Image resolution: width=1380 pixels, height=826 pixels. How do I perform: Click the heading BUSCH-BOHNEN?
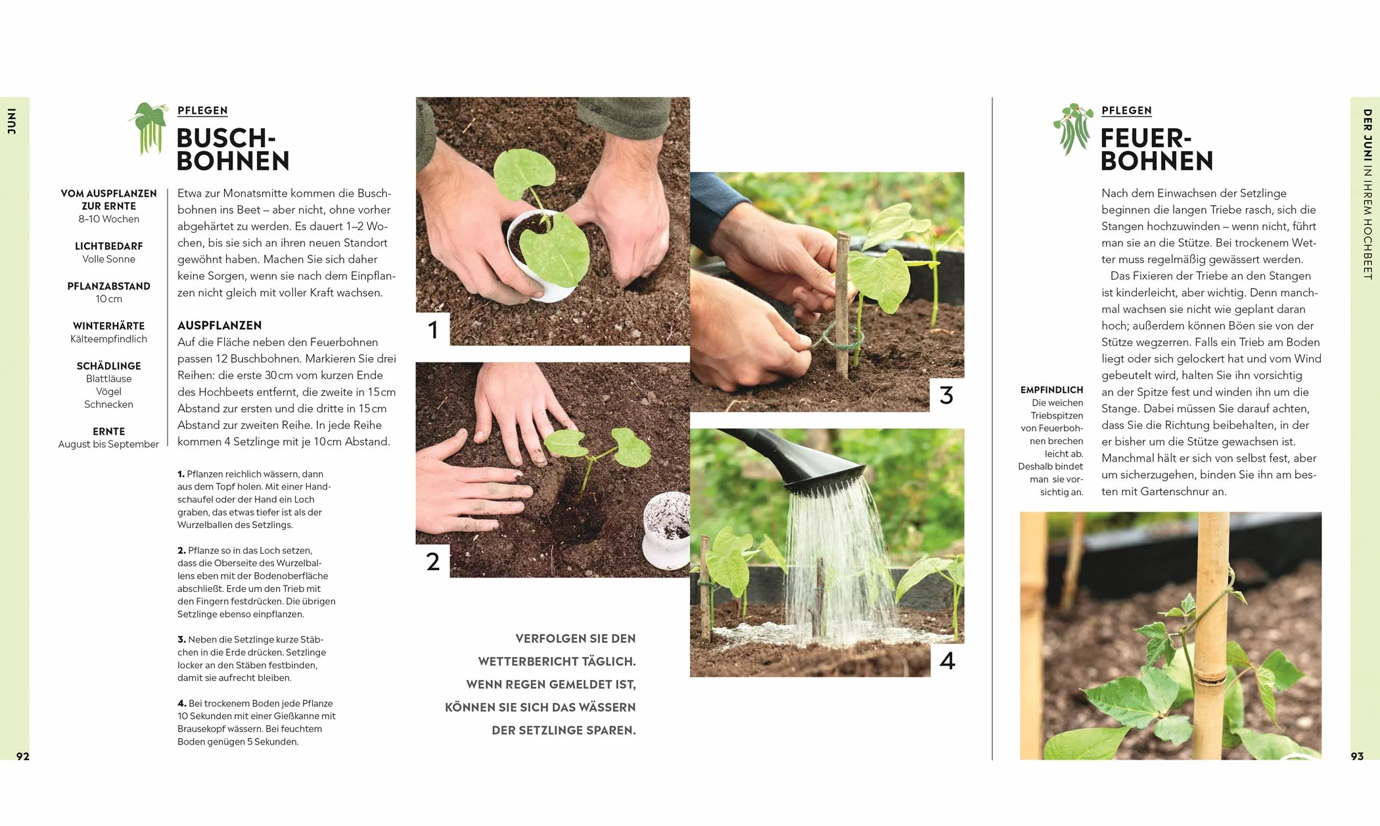coord(233,149)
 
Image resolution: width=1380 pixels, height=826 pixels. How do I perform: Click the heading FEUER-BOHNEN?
coord(1157,149)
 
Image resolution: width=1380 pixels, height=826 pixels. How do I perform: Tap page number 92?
coord(23,756)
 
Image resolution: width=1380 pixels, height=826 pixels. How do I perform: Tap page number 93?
coord(1357,756)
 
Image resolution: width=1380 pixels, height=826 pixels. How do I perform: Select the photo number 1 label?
coord(432,329)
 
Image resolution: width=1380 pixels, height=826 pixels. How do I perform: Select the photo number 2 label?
coord(432,561)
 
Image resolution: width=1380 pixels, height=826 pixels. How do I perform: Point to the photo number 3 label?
coord(946,395)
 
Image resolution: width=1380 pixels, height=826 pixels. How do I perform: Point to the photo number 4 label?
coord(947,660)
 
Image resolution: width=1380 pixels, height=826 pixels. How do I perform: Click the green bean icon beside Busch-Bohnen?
coord(149,128)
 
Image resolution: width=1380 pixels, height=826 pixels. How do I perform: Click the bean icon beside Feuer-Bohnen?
coord(1073,128)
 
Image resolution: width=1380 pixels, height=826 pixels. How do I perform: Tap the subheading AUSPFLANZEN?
coord(219,326)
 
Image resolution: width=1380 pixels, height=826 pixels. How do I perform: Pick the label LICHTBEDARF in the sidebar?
coord(108,246)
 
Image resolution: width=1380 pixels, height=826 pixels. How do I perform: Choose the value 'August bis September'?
coord(108,444)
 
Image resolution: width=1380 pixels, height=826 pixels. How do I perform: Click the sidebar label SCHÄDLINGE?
coord(108,366)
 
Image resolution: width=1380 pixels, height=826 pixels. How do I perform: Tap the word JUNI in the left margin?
coord(12,121)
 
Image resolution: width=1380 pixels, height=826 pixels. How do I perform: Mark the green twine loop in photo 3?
coord(839,337)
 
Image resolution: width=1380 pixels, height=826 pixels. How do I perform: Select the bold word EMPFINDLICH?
coord(1051,390)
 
